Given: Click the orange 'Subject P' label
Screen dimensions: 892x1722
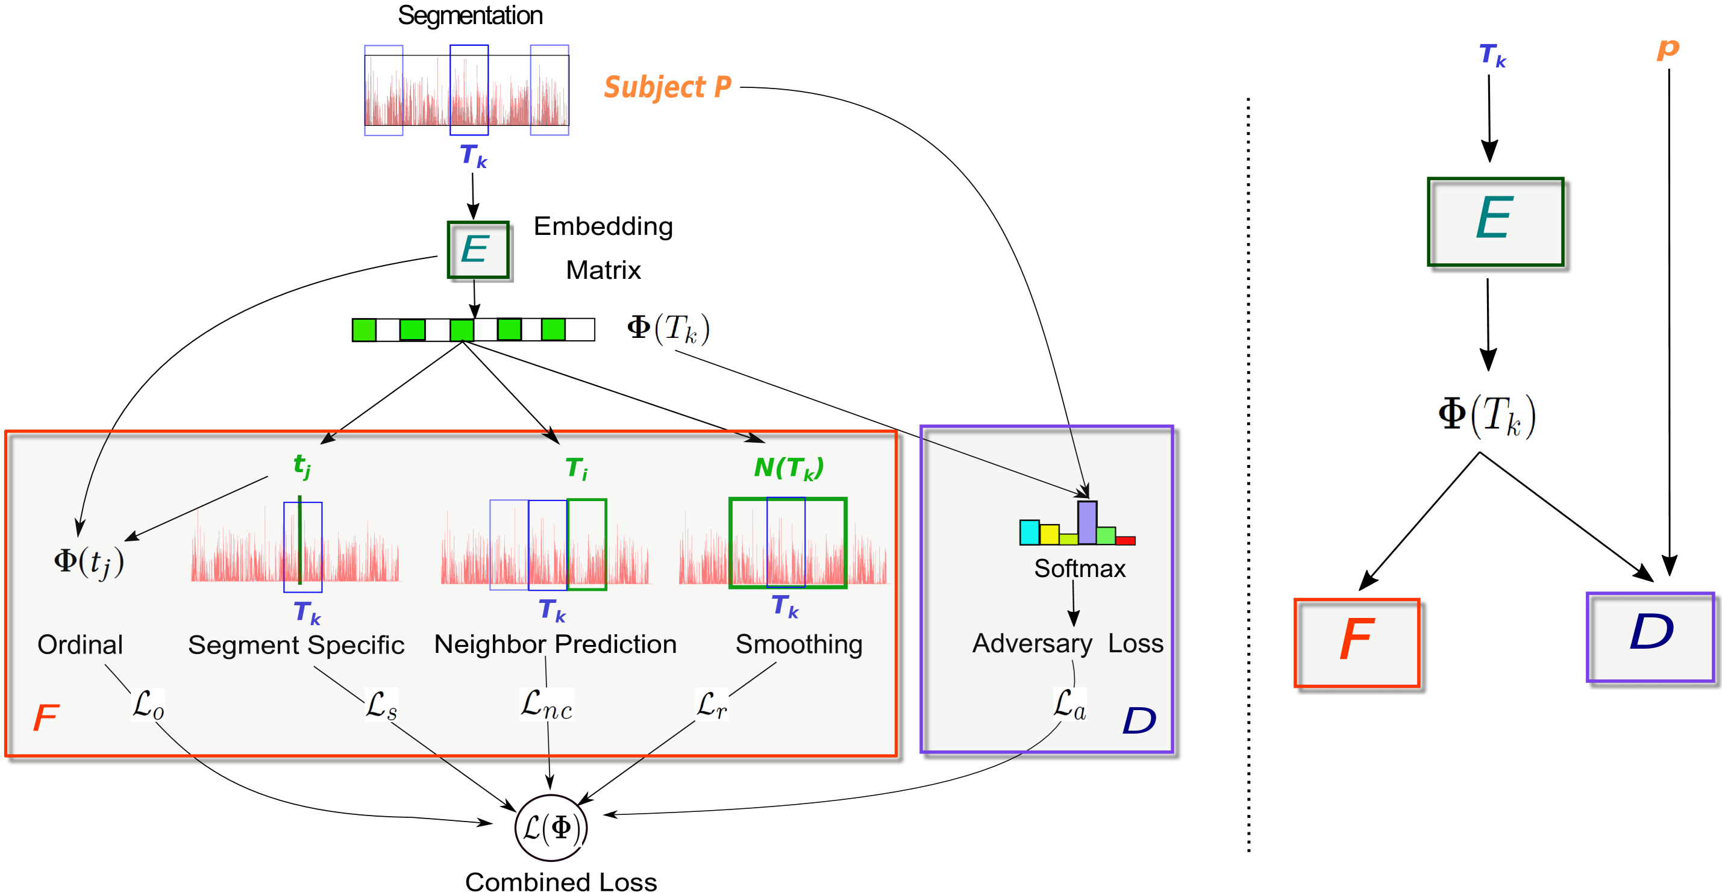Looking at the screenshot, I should [667, 87].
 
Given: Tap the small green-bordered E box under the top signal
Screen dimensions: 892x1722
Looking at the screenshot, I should [477, 250].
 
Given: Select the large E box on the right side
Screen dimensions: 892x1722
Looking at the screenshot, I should [1495, 221].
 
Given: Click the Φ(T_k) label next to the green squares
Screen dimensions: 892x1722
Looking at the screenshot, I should [668, 329].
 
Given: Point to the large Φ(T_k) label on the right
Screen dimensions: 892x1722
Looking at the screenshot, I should [1488, 417].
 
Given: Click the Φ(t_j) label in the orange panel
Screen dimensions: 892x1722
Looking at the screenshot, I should [87, 563].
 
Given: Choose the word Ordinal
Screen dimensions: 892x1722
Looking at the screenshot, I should [80, 645].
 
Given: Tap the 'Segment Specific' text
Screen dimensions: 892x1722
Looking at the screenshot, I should [295, 645].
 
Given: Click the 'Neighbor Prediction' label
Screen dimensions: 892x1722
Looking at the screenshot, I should [555, 644].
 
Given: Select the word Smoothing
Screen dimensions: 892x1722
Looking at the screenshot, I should [799, 644].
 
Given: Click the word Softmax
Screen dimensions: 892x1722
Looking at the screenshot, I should [1080, 569].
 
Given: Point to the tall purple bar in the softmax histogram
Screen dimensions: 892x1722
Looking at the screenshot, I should [1087, 523].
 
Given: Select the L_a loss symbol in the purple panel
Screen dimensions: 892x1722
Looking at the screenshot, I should [1069, 704].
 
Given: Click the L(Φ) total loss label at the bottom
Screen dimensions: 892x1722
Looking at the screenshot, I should [551, 829].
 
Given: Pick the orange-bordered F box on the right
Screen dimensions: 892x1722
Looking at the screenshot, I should [1356, 642].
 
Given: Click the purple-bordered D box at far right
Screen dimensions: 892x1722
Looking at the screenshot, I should [1650, 637].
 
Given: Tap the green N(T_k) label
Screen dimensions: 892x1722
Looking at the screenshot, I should [789, 468].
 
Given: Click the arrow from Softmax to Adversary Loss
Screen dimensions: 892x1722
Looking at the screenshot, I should [1074, 604].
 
